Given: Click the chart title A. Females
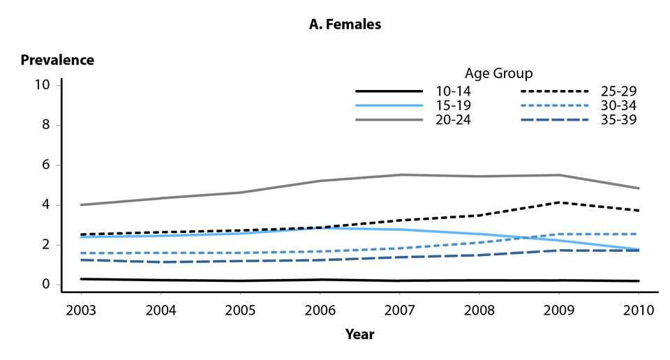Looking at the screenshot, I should [345, 24].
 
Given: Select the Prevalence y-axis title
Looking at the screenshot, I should [57, 60].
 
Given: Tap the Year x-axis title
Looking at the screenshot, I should [359, 334].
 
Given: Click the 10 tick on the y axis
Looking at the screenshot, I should [43, 85].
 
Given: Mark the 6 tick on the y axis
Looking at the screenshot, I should [47, 165].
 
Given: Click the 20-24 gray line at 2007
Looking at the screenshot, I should [399, 174].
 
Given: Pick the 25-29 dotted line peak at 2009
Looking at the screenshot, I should [558, 202].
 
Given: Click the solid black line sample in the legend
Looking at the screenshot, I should [389, 91].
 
